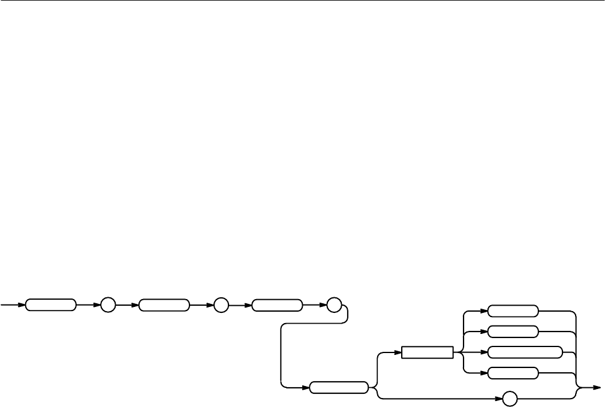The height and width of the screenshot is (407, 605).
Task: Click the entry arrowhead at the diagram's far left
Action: [22, 305]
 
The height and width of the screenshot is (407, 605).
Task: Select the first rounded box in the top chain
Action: [50, 305]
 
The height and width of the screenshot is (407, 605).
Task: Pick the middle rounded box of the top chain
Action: [164, 305]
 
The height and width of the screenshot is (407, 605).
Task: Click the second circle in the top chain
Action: [220, 305]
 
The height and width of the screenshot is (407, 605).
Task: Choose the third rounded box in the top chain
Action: [276, 305]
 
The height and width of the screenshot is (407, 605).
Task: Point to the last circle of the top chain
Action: [333, 305]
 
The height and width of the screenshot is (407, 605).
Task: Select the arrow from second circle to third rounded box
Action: [240, 305]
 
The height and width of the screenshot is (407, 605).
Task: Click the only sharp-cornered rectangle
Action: [427, 352]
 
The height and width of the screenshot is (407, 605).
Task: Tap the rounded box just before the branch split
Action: [339, 388]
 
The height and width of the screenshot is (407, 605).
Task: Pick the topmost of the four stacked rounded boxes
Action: [513, 311]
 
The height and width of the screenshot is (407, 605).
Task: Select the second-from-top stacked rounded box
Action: [513, 331]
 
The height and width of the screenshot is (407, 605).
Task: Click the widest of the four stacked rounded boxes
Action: [525, 352]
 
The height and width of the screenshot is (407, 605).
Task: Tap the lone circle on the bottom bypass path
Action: [510, 398]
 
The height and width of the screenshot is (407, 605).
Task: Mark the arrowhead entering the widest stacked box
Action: [484, 352]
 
